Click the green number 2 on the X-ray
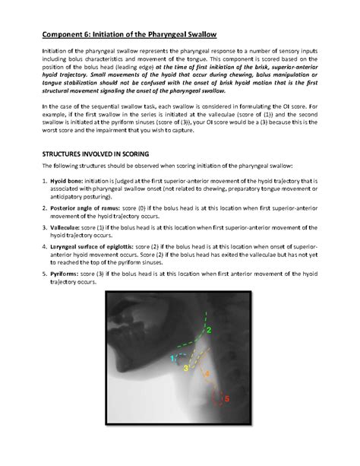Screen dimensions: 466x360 tap(209, 330)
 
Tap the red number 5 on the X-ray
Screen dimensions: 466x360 tap(226, 397)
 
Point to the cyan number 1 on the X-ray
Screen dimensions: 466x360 tap(172, 357)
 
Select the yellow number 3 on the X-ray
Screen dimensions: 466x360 tap(186, 368)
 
